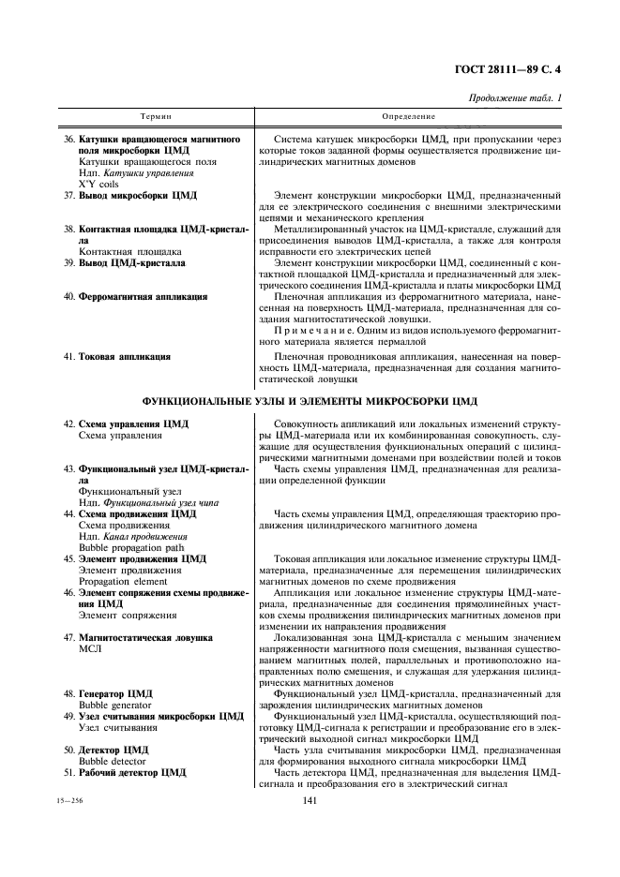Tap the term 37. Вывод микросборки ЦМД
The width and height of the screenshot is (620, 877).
click(x=130, y=195)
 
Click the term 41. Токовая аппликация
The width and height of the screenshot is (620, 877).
click(x=117, y=357)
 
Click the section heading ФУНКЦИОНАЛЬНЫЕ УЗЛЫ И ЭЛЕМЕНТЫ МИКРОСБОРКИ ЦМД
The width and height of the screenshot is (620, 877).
click(x=310, y=401)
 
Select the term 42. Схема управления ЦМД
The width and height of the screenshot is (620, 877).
click(x=127, y=424)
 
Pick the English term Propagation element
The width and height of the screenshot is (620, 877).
click(x=122, y=581)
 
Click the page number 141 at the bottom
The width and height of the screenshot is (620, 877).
click(x=310, y=799)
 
